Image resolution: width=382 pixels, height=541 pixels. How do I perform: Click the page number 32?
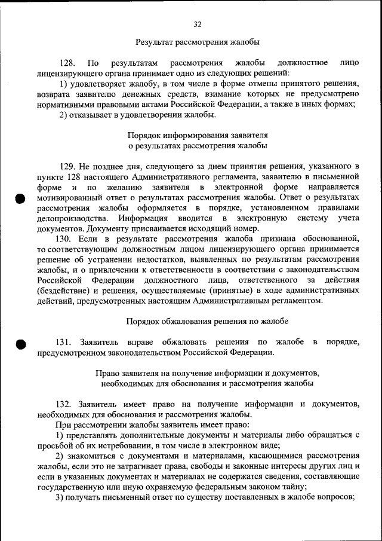(198, 25)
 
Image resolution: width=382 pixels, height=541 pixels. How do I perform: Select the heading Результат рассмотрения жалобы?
(198, 42)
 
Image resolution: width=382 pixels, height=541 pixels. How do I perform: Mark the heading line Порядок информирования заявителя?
(198, 135)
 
